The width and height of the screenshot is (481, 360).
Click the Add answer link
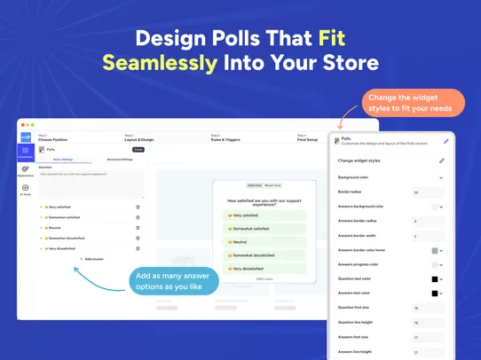[x=93, y=258]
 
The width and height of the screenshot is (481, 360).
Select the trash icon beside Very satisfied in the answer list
[x=138, y=207]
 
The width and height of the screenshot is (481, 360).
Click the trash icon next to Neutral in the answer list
[x=138, y=228]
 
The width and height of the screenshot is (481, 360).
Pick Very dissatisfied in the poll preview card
[x=259, y=267]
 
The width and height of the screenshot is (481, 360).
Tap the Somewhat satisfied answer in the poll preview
[x=259, y=228]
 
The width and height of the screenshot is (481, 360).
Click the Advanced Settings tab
[x=120, y=160]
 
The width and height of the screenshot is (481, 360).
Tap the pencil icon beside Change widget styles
[x=441, y=160]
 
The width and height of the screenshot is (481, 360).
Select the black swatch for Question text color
[x=435, y=278]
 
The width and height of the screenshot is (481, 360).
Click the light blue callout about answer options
[x=176, y=281]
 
